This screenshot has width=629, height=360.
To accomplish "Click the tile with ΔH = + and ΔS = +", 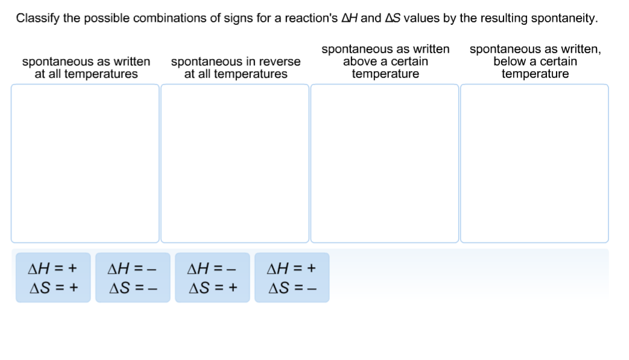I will (x=53, y=277).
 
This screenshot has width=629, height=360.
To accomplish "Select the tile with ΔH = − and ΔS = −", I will (x=133, y=277).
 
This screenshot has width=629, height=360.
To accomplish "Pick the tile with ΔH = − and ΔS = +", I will (x=212, y=277).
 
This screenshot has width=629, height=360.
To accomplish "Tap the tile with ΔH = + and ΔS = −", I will (x=292, y=277).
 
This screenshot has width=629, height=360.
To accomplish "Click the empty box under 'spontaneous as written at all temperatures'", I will (x=85, y=163).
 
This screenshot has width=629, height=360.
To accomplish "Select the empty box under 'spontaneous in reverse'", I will (x=235, y=163).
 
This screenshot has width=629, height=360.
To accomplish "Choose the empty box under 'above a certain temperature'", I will (x=384, y=163).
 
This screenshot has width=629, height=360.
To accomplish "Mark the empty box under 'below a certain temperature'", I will (x=534, y=163).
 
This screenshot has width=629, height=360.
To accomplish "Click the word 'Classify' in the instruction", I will (x=37, y=18).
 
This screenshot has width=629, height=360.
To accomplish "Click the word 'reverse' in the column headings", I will (x=279, y=62).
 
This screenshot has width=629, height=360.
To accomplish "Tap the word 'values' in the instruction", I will (x=422, y=18).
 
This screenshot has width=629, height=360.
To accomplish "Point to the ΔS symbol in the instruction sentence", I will (x=392, y=18).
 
